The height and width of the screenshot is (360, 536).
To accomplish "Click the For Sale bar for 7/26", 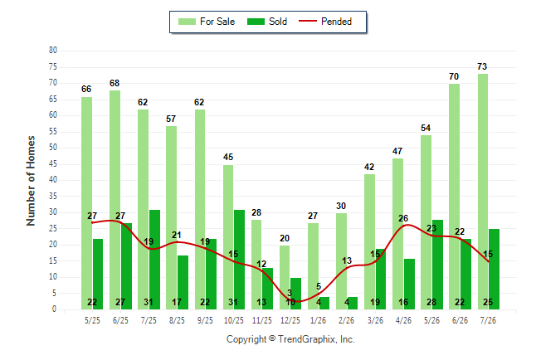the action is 483,192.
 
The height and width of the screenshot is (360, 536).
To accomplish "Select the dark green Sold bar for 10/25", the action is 239,260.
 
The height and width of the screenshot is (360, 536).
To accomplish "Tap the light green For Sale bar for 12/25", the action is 285,277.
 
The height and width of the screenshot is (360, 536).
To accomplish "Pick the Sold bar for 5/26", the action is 437,265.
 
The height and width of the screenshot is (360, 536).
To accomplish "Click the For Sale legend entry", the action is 207,22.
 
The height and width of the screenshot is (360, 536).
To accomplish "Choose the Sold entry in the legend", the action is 267,22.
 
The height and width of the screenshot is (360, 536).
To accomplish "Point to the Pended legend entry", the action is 325,22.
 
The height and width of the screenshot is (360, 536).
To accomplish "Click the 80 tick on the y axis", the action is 53,51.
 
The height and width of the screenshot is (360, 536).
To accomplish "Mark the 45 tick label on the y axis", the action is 53,163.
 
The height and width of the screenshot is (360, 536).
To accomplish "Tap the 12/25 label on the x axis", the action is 290,320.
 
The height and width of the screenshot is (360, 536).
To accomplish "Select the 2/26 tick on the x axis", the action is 346,320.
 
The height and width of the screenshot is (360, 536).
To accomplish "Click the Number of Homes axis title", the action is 31,181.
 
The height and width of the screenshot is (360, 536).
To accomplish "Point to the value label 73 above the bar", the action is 482,66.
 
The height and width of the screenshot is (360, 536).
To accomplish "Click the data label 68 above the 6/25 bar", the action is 115,83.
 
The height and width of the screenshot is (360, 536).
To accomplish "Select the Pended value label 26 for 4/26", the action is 403,218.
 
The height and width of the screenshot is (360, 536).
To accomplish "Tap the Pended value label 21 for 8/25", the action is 177,235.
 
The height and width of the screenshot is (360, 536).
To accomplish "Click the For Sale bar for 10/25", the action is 228,237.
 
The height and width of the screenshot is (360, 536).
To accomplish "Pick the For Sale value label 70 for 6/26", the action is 454,76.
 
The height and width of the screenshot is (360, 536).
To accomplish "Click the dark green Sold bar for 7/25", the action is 154,260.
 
